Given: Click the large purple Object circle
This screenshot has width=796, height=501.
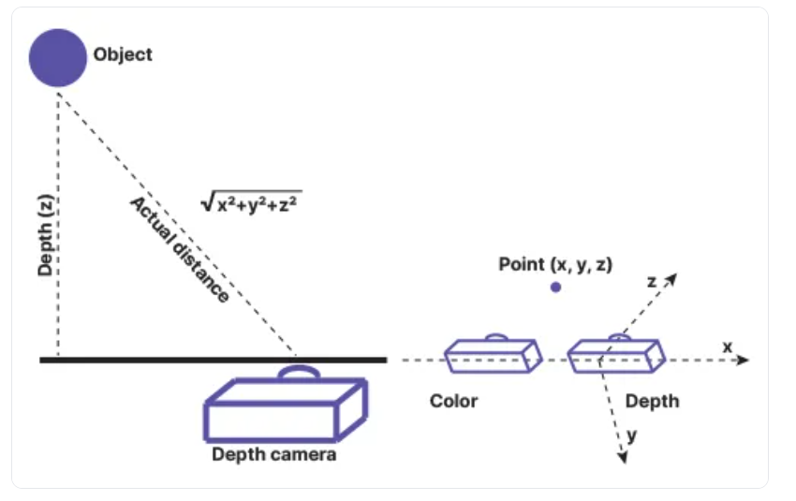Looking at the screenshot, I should (x=58, y=57).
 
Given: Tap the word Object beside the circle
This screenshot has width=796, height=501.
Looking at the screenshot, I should (x=123, y=54).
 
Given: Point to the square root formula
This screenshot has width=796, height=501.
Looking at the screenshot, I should (x=254, y=200).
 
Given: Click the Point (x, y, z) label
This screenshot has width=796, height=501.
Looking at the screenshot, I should (x=555, y=264).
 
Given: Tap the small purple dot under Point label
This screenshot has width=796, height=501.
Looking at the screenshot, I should (x=555, y=287).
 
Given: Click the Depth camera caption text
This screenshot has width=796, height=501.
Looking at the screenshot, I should (x=273, y=455).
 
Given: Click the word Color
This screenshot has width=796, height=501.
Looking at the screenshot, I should (x=453, y=401).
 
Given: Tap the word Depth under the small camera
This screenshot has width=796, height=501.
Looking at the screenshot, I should (x=652, y=401).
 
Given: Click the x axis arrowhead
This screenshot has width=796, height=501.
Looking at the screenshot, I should (x=744, y=360).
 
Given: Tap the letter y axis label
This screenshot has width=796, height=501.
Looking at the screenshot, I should (x=632, y=435).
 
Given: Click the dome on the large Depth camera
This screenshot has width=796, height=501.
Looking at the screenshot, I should (x=299, y=374).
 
